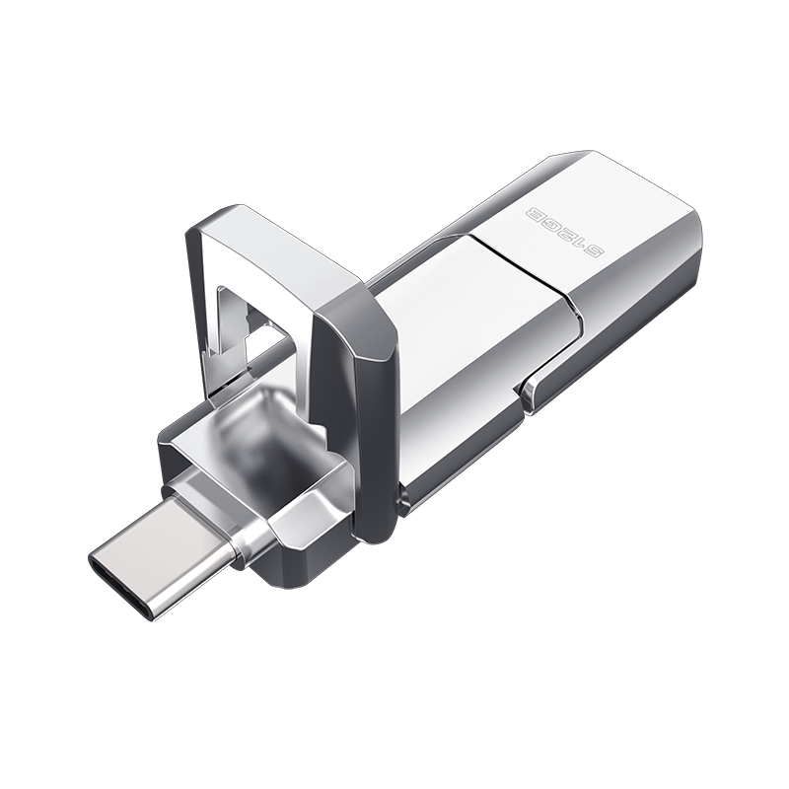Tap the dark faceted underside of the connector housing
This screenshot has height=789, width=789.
[x=296, y=533]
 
